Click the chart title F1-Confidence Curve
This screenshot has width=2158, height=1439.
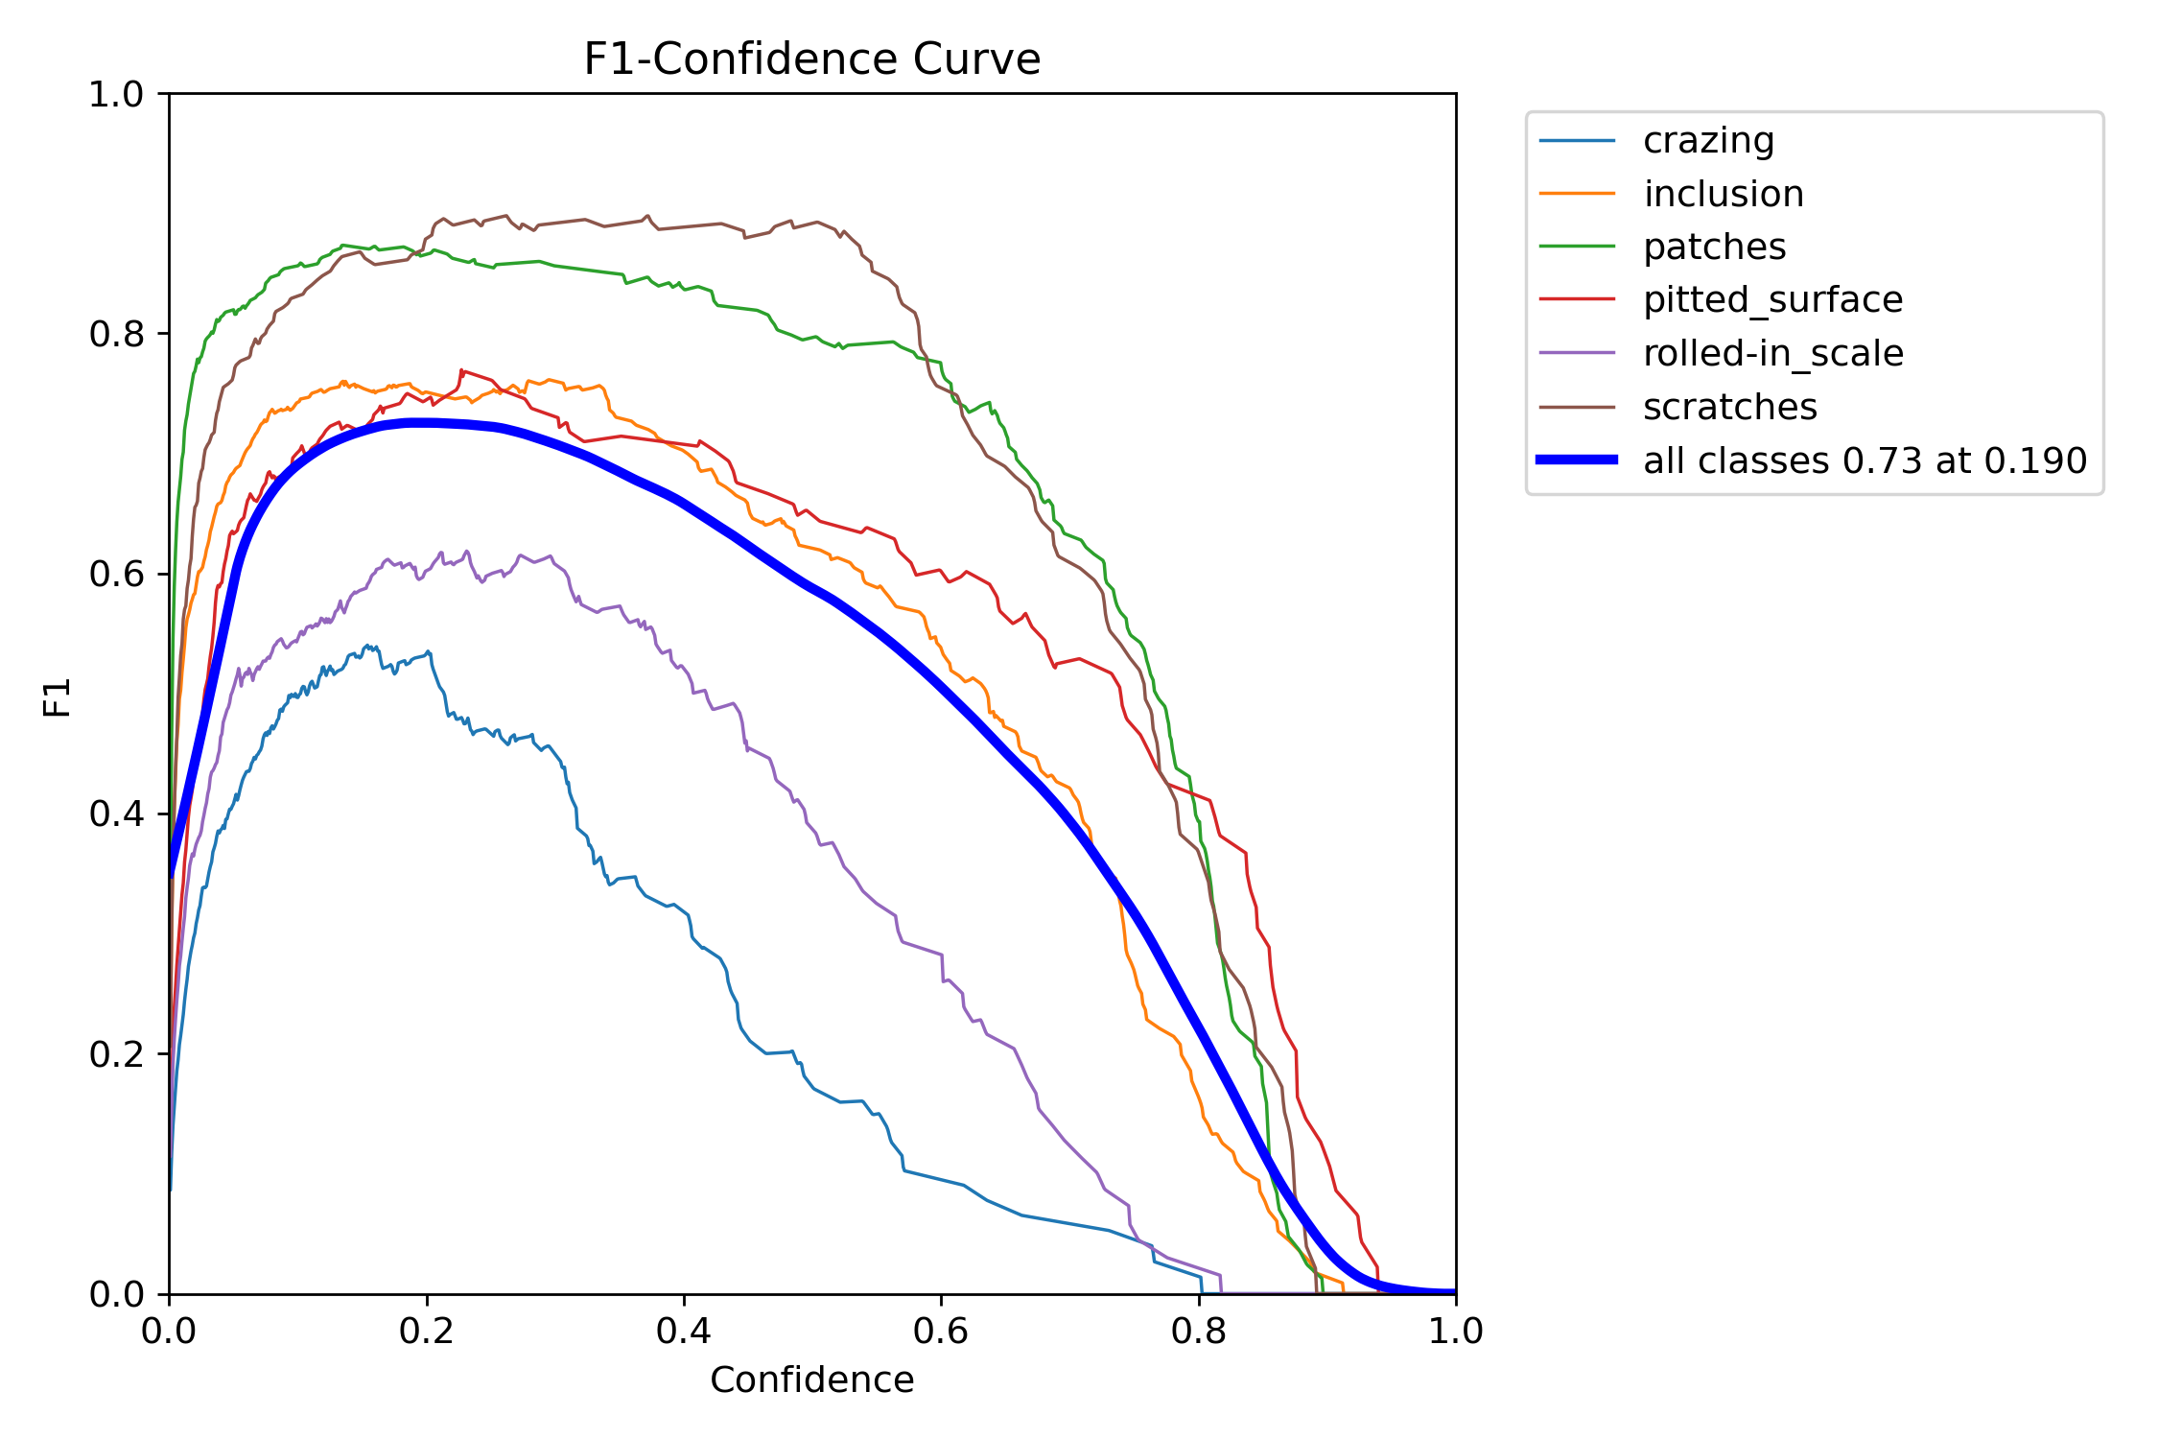pos(811,59)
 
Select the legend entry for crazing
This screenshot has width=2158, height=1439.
pos(1708,141)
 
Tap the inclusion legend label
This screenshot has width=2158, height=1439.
pos(1723,195)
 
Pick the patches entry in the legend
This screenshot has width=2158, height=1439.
pos(1714,248)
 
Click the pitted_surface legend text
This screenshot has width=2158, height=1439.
pos(1772,300)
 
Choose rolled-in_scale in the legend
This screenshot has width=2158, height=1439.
pos(1772,354)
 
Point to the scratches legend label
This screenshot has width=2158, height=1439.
pos(1729,408)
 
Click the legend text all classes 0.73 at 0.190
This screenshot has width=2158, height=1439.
pos(1865,461)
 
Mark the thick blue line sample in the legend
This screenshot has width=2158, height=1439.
pos(1577,460)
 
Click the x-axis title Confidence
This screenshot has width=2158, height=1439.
pos(811,1380)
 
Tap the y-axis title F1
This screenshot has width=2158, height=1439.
pos(58,697)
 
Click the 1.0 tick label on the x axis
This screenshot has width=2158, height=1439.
pos(1455,1331)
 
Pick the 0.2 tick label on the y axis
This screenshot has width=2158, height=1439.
pos(115,1054)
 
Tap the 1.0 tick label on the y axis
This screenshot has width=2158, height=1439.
pos(115,95)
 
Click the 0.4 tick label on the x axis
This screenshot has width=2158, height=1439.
pos(684,1331)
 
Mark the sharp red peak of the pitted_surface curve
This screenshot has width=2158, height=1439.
pos(462,370)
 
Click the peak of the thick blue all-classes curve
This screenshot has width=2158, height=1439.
pos(414,422)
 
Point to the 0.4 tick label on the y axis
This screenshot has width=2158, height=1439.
pos(115,814)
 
